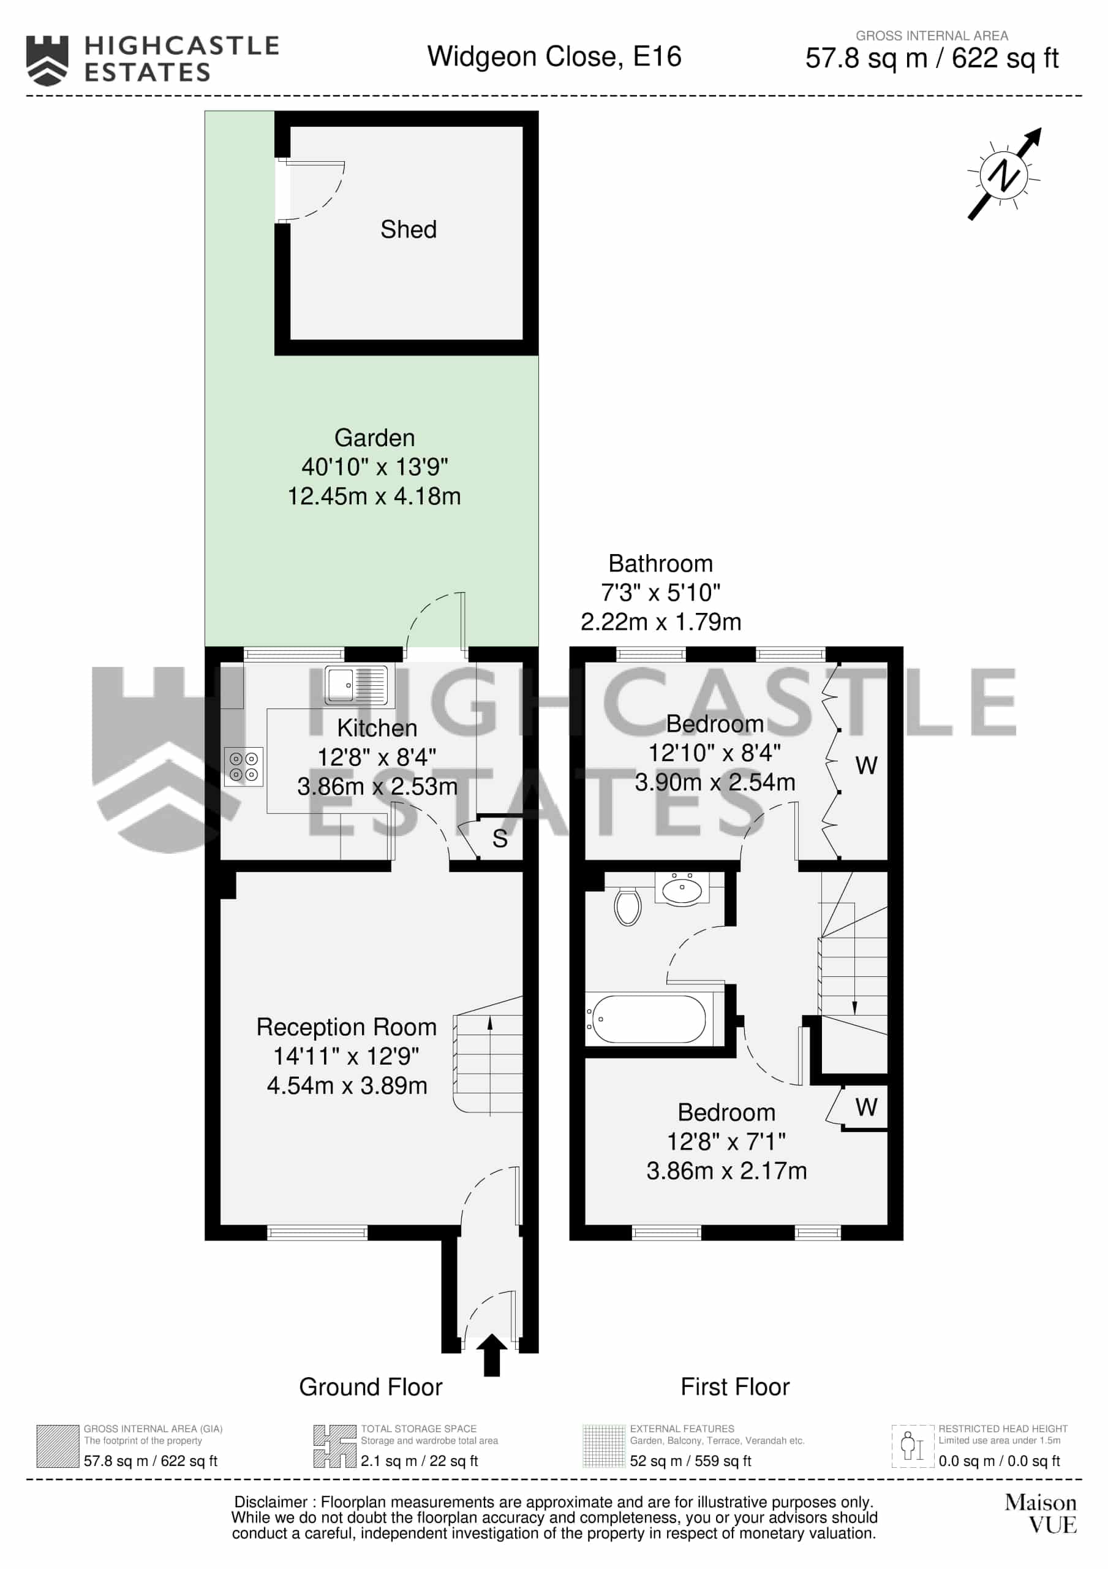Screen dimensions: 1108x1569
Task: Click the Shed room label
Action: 408,229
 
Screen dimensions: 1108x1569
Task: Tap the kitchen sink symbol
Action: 356,685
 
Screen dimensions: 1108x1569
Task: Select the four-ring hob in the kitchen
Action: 244,766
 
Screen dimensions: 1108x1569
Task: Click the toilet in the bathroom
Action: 627,906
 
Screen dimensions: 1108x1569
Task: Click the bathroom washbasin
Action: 682,889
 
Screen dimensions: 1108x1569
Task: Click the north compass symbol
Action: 1004,174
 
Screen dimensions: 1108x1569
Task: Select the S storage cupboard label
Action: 499,838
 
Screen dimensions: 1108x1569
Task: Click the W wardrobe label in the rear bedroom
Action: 866,766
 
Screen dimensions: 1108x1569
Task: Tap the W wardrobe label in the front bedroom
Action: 866,1107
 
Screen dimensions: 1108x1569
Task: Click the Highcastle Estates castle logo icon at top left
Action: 47,61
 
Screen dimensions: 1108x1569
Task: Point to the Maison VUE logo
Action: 1041,1514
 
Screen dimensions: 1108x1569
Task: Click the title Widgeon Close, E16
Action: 554,57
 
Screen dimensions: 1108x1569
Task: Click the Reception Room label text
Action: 346,1027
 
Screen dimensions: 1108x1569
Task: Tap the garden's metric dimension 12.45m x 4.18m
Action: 374,496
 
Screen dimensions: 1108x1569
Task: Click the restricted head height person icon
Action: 913,1446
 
